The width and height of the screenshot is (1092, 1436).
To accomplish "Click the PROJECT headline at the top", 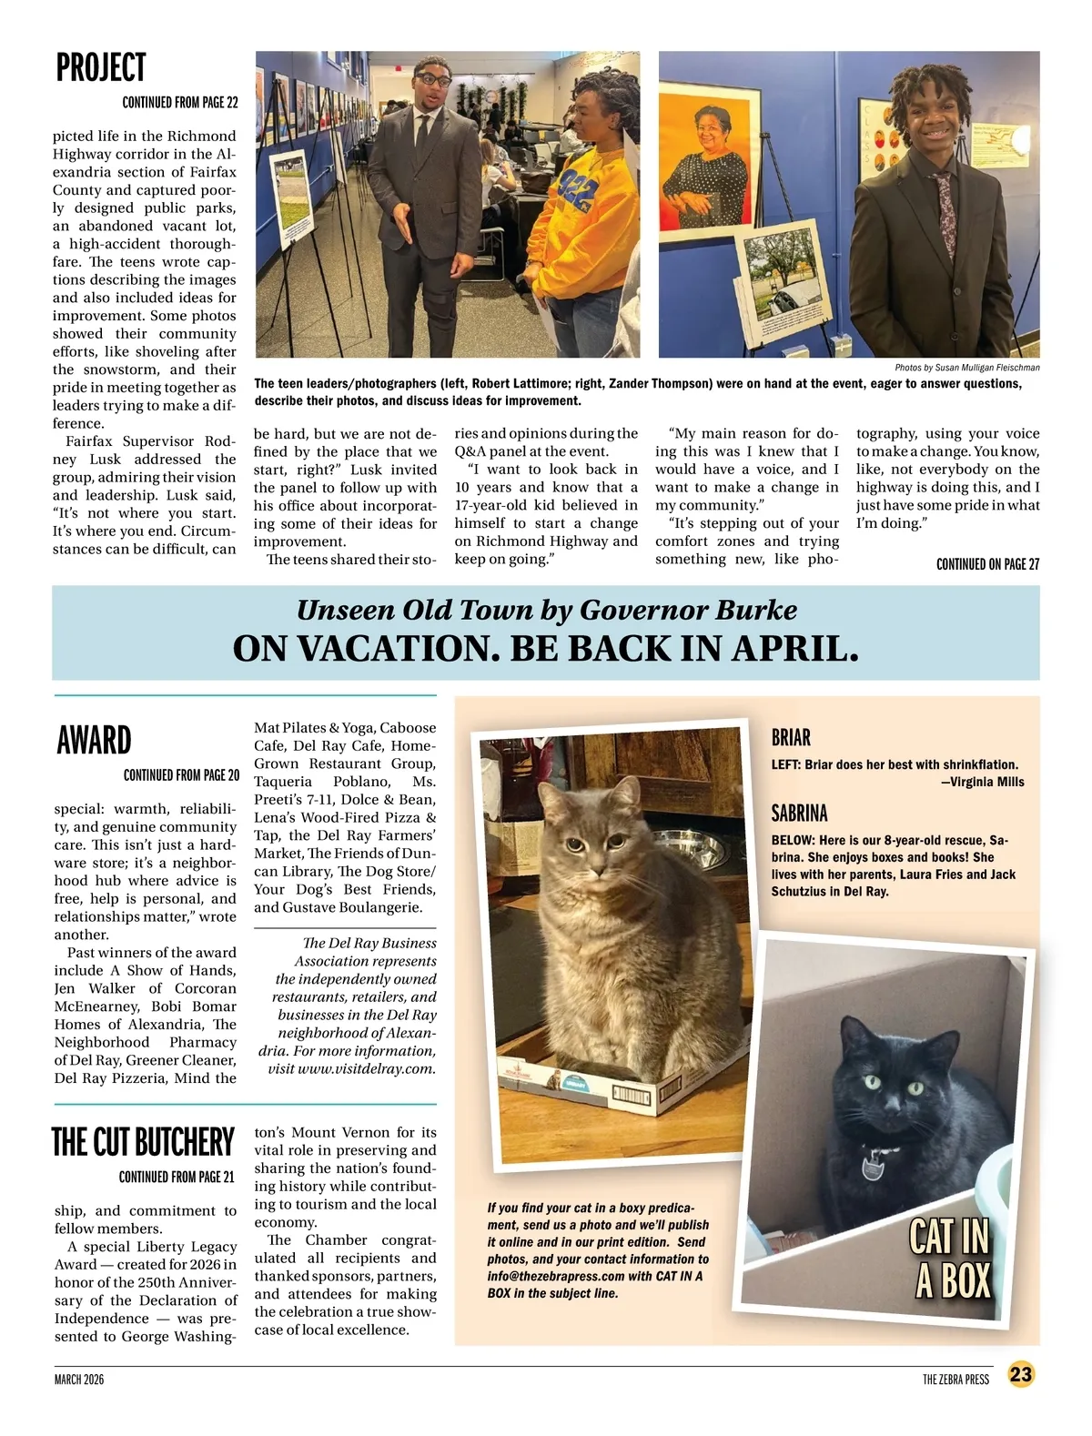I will [x=100, y=68].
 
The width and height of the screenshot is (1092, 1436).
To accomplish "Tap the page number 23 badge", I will [x=1021, y=1374].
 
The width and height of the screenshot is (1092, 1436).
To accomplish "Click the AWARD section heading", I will [x=94, y=741].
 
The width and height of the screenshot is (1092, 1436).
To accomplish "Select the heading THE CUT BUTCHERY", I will [x=143, y=1142].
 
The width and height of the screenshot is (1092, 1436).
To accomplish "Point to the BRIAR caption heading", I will [x=791, y=737].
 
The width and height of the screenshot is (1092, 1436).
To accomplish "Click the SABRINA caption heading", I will [x=799, y=813].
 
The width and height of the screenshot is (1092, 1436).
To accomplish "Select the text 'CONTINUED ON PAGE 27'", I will [x=987, y=564].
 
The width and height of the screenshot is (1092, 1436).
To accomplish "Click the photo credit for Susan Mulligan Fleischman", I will [x=966, y=368].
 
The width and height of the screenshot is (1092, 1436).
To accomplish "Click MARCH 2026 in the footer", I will [x=79, y=1380].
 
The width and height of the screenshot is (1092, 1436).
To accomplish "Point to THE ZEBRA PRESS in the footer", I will [x=955, y=1380].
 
